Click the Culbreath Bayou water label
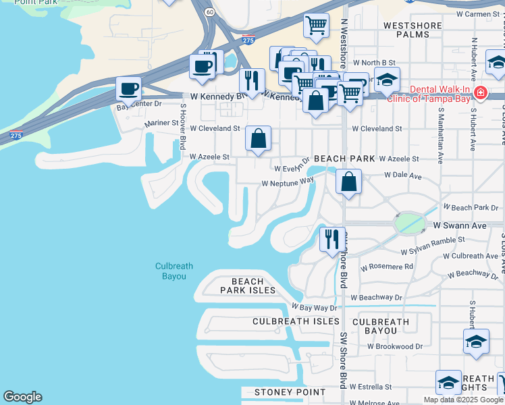pos(170,271)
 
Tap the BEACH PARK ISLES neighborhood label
pos(248,286)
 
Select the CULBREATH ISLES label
pos(296,321)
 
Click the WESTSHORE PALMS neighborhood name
pos(412,30)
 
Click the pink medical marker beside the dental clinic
pos(480,92)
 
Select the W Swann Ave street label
pos(460,225)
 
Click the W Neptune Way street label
pos(288,182)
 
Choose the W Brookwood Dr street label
pos(395,346)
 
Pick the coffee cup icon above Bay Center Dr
pos(128,88)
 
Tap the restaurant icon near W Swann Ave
pos(331,239)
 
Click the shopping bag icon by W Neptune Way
pos(348,182)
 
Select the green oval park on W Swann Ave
pos(410,223)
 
